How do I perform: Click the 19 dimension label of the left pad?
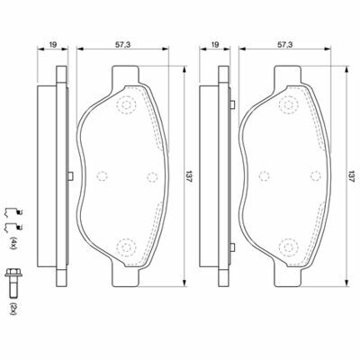click(x=53, y=45)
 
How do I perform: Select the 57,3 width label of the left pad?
click(x=122, y=45)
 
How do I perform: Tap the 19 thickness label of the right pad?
click(x=215, y=45)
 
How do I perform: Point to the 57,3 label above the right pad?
click(x=284, y=45)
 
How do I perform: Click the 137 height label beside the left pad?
click(x=189, y=176)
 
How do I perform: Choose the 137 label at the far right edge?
click(x=351, y=176)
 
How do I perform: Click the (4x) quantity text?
click(x=13, y=243)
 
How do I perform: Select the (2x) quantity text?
click(x=13, y=309)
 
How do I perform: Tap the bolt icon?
click(x=13, y=283)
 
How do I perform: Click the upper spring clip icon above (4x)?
click(x=13, y=212)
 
